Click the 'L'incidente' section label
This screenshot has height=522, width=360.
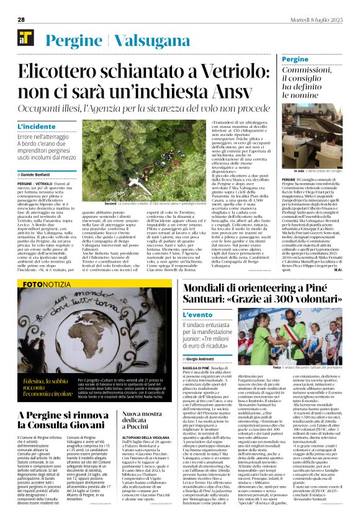point(38,127)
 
